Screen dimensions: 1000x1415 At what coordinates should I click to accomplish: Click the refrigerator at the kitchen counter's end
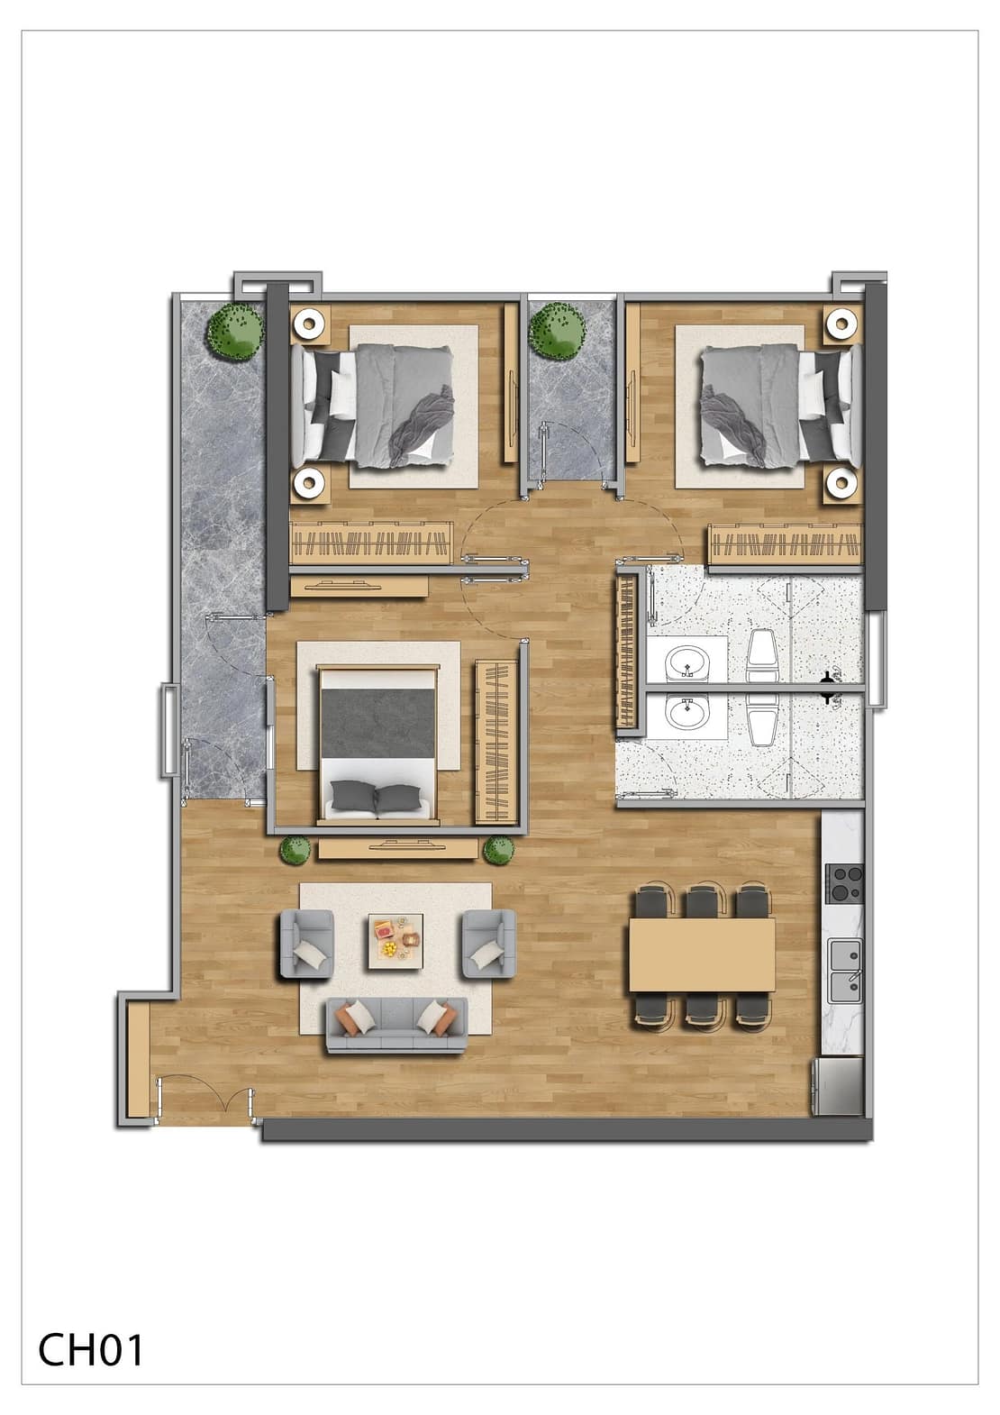tap(838, 1086)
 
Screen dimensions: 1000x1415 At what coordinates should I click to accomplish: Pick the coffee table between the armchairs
tap(395, 941)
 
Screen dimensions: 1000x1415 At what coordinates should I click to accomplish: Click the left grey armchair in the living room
tap(306, 944)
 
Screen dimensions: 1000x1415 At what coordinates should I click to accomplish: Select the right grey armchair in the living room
tap(488, 944)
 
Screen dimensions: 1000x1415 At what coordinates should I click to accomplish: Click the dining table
tap(702, 955)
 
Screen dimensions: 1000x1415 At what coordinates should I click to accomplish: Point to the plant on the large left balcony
tap(235, 331)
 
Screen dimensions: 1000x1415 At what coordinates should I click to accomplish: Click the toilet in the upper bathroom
tap(761, 657)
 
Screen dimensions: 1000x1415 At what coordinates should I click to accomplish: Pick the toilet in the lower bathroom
tap(761, 719)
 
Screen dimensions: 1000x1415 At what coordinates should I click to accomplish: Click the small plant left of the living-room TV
tap(295, 850)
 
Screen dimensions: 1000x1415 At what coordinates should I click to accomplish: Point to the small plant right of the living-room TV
tap(499, 850)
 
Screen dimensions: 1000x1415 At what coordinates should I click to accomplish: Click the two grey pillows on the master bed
tap(377, 797)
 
